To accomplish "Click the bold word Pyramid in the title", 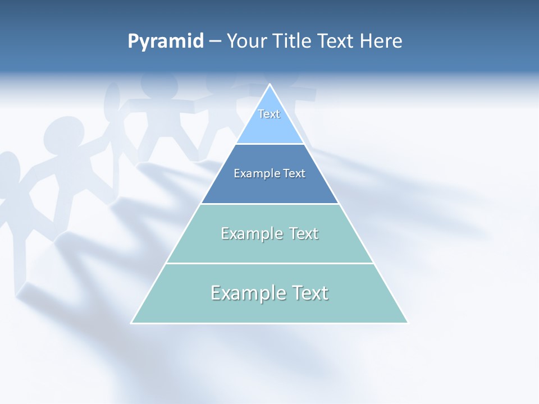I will click(166, 42).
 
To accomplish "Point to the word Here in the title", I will click(381, 42).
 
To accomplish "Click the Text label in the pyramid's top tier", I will click(269, 114).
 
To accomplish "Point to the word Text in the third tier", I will click(303, 233).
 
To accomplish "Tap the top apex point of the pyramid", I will click(270, 85).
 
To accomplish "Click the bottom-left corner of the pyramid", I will click(132, 323).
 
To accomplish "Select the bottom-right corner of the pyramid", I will click(408, 323).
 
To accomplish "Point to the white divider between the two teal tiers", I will click(269, 263).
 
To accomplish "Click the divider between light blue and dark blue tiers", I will click(269, 144).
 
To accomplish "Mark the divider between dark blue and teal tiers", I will click(269, 204).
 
